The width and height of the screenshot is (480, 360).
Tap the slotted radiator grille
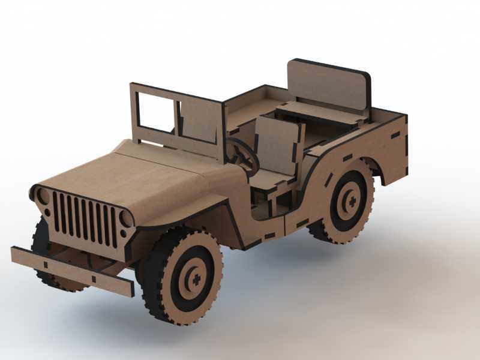point(84,219)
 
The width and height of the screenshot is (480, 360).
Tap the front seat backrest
point(277,145)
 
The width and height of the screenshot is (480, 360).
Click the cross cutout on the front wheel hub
point(194,280)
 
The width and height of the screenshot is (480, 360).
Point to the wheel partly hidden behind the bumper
point(45,264)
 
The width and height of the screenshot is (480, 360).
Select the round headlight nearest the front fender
point(127,218)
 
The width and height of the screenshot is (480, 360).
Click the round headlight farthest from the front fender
point(43,196)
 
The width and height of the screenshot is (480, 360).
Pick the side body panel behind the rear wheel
point(394,150)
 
